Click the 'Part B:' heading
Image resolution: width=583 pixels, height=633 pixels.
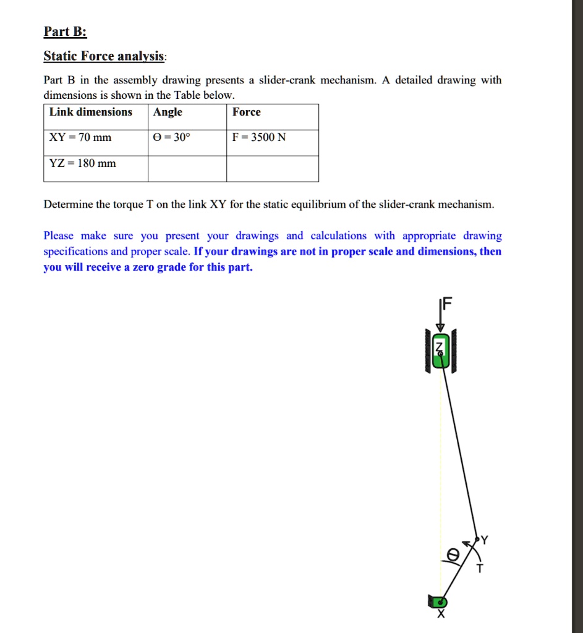[x=65, y=33]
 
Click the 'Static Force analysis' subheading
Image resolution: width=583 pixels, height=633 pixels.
[x=104, y=57]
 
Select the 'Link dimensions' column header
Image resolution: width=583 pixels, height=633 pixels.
[x=91, y=112]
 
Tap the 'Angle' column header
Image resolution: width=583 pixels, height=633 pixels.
[x=168, y=112]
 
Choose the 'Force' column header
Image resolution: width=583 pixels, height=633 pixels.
[x=247, y=112]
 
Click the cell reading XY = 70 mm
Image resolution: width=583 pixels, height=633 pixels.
[x=80, y=137]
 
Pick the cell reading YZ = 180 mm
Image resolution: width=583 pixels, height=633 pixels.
[x=82, y=163]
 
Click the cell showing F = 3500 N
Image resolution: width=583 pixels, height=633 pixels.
[x=259, y=137]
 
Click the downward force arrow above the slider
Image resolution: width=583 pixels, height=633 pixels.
[x=440, y=318]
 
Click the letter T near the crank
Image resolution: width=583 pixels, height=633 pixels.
[x=480, y=569]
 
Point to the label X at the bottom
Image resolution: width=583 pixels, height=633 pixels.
[x=440, y=614]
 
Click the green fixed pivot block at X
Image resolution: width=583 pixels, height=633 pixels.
[x=438, y=601]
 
